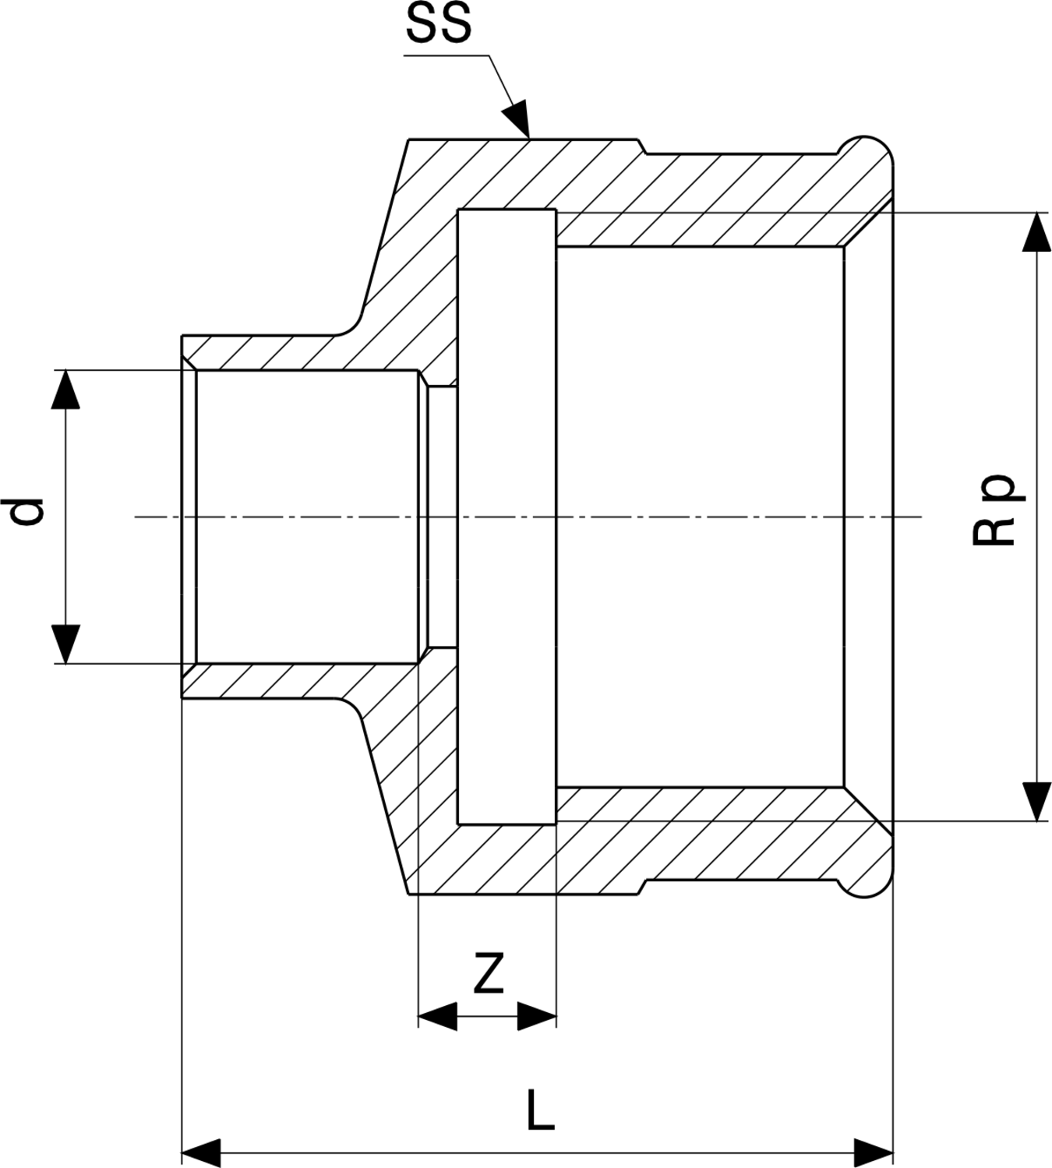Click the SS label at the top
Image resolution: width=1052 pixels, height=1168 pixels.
tap(439, 25)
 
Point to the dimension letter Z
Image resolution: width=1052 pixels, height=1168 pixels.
tap(489, 974)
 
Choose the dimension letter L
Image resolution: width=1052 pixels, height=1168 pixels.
tap(540, 1110)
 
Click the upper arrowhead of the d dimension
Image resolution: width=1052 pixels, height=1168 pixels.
tap(66, 389)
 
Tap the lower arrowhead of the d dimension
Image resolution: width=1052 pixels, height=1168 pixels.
tap(66, 644)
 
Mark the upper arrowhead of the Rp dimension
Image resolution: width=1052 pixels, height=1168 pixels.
tap(1036, 231)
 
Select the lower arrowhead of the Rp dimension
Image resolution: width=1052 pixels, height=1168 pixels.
tap(1036, 801)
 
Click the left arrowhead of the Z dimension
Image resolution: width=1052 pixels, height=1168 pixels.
tap(437, 1016)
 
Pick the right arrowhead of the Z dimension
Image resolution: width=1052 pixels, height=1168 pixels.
tap(537, 1016)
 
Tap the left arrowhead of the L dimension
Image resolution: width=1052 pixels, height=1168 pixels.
tap(200, 1150)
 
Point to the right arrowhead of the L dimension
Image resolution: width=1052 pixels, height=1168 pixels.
tap(874, 1150)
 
